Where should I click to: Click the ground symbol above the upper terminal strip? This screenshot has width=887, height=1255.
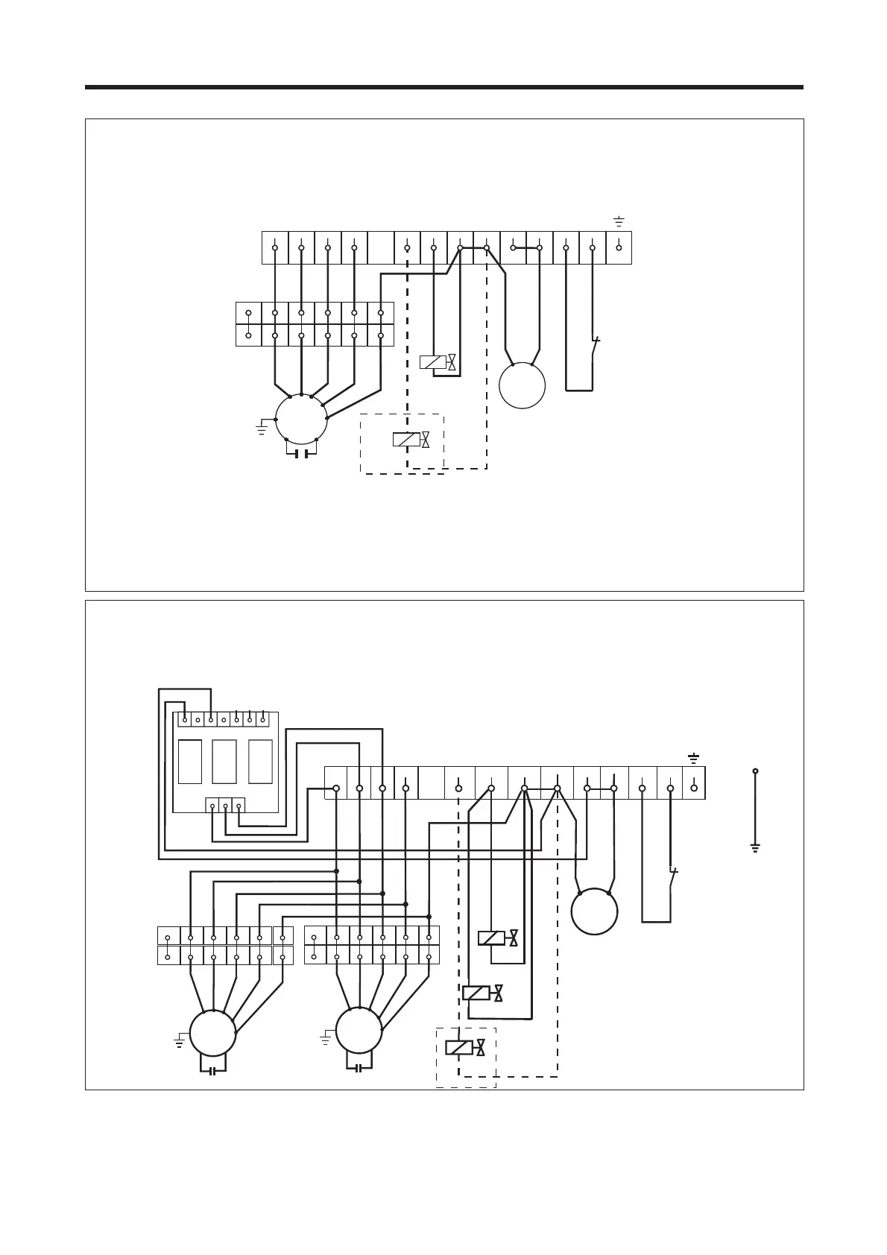tap(619, 221)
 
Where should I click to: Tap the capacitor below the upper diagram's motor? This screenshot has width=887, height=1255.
tap(301, 453)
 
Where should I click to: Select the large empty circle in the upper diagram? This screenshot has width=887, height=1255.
tap(522, 385)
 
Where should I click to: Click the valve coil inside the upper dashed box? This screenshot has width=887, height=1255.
tap(406, 440)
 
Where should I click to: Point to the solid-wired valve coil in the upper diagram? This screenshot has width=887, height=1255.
tap(433, 362)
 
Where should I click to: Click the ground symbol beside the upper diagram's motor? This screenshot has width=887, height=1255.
tap(261, 428)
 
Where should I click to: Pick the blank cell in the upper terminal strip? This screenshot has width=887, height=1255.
tap(381, 247)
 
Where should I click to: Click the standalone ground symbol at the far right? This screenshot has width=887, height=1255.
tap(755, 847)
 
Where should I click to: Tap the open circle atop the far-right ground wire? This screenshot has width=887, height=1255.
tap(755, 771)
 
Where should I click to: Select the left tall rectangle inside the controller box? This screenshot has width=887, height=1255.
tap(190, 761)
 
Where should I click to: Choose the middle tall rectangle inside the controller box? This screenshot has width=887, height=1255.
tap(224, 761)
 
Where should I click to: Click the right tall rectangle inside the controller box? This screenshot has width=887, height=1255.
tap(259, 761)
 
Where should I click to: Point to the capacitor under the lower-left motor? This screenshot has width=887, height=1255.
tap(213, 1071)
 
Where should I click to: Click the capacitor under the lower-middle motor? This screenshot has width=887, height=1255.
tap(359, 1069)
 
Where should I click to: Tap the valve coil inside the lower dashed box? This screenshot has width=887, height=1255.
tap(458, 1047)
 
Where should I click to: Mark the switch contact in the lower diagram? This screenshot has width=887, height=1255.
tap(673, 877)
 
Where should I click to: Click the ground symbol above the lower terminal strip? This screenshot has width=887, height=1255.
tap(694, 759)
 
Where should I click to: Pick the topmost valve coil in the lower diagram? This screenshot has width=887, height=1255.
tap(491, 938)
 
